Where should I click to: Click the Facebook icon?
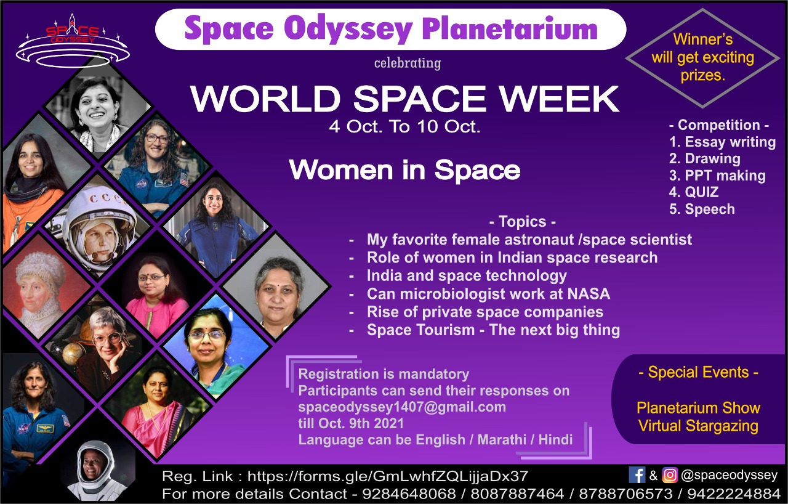[637, 475]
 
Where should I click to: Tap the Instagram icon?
[670, 475]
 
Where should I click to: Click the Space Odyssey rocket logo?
[73, 41]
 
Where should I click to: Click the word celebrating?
[408, 63]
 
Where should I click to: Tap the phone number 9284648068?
[409, 494]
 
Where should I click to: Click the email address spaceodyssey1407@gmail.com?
[402, 407]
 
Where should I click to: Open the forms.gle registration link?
[388, 476]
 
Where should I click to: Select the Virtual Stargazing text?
[698, 426]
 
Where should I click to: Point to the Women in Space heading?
[404, 170]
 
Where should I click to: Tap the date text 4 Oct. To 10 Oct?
[404, 127]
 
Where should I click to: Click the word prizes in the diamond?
[702, 75]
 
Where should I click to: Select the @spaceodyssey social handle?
[729, 475]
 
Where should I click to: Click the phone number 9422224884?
[734, 494]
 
